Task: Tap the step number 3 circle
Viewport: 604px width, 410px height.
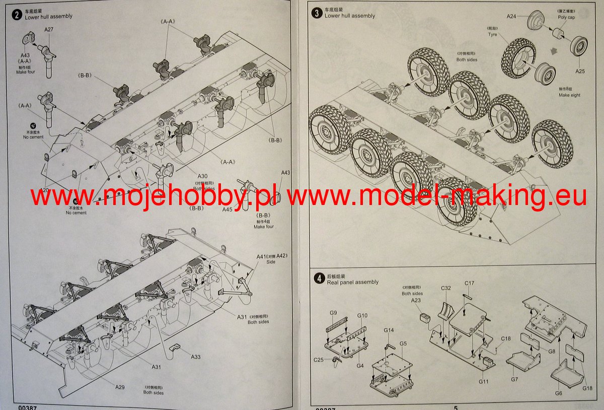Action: (317, 13)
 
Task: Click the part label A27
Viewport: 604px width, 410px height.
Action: (49, 30)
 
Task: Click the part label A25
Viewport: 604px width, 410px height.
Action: (580, 71)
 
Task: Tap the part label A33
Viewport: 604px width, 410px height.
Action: (196, 357)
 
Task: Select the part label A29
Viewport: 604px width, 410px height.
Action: (120, 387)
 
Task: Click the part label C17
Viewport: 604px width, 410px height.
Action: (469, 283)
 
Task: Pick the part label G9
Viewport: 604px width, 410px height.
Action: (333, 313)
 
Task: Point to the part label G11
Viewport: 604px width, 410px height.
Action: (484, 381)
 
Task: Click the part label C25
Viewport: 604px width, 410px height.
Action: (318, 360)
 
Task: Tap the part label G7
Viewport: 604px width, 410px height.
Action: (514, 379)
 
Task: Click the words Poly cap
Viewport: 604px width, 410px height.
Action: (566, 17)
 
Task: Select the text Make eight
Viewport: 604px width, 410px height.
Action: (569, 95)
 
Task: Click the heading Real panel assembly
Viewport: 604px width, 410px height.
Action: (352, 282)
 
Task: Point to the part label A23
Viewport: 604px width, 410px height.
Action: (416, 300)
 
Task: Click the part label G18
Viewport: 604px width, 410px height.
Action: (587, 388)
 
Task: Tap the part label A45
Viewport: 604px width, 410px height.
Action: (228, 210)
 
